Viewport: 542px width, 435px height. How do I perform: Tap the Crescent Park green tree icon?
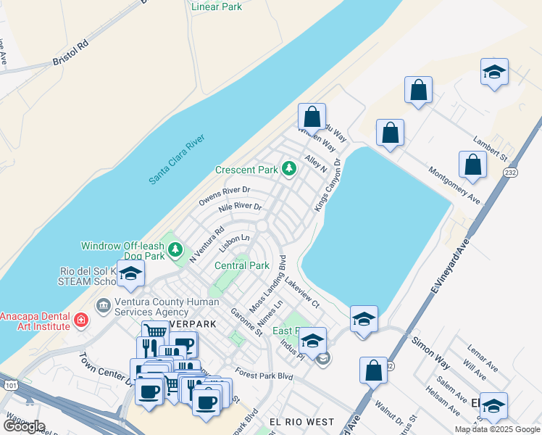[x=289, y=169]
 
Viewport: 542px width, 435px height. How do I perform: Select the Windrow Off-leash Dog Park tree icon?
[x=175, y=250]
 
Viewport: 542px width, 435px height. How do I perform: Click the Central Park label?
[x=242, y=265]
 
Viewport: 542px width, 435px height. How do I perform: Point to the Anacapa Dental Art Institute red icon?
[x=81, y=319]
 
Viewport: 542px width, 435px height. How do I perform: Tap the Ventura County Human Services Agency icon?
[x=102, y=305]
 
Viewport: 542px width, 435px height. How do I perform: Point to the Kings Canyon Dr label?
[x=328, y=186]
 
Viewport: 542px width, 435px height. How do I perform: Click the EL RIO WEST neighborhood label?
[x=301, y=421]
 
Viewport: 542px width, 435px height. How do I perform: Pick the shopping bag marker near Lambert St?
[x=472, y=164]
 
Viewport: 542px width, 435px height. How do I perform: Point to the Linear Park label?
[x=217, y=7]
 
